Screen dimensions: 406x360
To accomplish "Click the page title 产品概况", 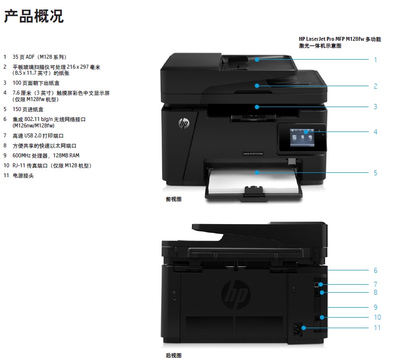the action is (x=34, y=16).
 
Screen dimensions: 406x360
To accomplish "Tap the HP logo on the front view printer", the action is (x=184, y=123).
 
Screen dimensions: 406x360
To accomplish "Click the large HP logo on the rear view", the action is (x=236, y=295).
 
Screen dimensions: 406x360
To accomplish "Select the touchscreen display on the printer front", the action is (x=302, y=137).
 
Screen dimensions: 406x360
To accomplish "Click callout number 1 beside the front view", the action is (x=375, y=60).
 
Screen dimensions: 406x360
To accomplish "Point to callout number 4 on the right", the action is (x=375, y=132).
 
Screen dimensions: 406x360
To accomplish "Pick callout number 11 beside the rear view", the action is (x=377, y=328).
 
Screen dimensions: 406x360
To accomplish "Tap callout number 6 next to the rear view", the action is (x=375, y=270).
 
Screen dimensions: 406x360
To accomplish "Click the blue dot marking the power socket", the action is (x=304, y=328).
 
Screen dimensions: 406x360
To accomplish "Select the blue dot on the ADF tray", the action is (x=257, y=59).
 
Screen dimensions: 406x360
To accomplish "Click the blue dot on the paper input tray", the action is (x=257, y=172).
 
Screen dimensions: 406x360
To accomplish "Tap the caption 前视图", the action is (x=174, y=199).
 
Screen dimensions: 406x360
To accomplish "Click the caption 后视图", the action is (x=174, y=355).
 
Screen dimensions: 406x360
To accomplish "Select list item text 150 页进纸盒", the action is (x=28, y=110).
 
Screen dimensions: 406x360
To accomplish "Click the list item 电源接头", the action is (x=23, y=176).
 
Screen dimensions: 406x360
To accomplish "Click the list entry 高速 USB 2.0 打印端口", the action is (x=38, y=135).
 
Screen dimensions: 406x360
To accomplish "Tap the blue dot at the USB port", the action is (x=321, y=284).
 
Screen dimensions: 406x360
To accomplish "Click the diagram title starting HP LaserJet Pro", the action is (x=340, y=42).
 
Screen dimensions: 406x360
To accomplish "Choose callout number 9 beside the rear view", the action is (x=375, y=307).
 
